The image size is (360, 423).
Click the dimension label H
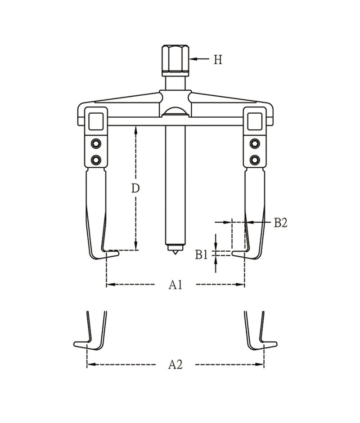pos(218,59)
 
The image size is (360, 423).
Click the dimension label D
pos(135,188)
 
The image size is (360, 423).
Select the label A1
pos(175,285)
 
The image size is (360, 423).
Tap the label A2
pos(175,365)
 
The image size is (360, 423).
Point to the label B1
pos(202,255)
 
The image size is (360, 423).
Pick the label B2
pos(280,223)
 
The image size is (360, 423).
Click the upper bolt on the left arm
pos(95,143)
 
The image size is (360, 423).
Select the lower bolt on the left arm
pos(95,160)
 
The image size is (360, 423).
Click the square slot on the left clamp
pos(96,121)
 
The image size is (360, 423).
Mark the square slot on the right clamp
pos(255,121)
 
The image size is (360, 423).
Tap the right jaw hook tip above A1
pos(234,254)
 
